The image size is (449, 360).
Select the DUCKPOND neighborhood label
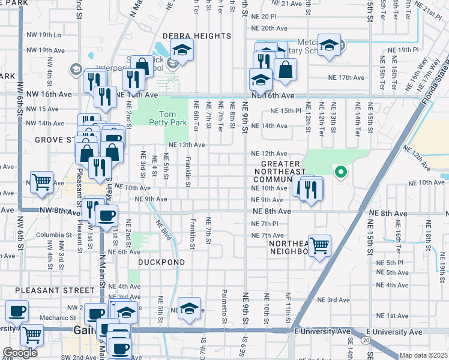(159, 262)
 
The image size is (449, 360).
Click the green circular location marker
(341, 173)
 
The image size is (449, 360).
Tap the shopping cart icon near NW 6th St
(41, 181)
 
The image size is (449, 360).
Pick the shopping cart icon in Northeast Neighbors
(320, 244)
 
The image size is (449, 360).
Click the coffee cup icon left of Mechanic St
(17, 311)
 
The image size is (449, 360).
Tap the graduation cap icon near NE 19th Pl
(329, 44)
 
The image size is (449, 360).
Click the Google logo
(19, 352)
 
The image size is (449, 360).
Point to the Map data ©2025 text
(423, 355)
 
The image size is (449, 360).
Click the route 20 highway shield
(366, 340)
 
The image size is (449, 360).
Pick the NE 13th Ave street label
(187, 145)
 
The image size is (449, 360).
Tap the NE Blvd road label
(163, 230)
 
